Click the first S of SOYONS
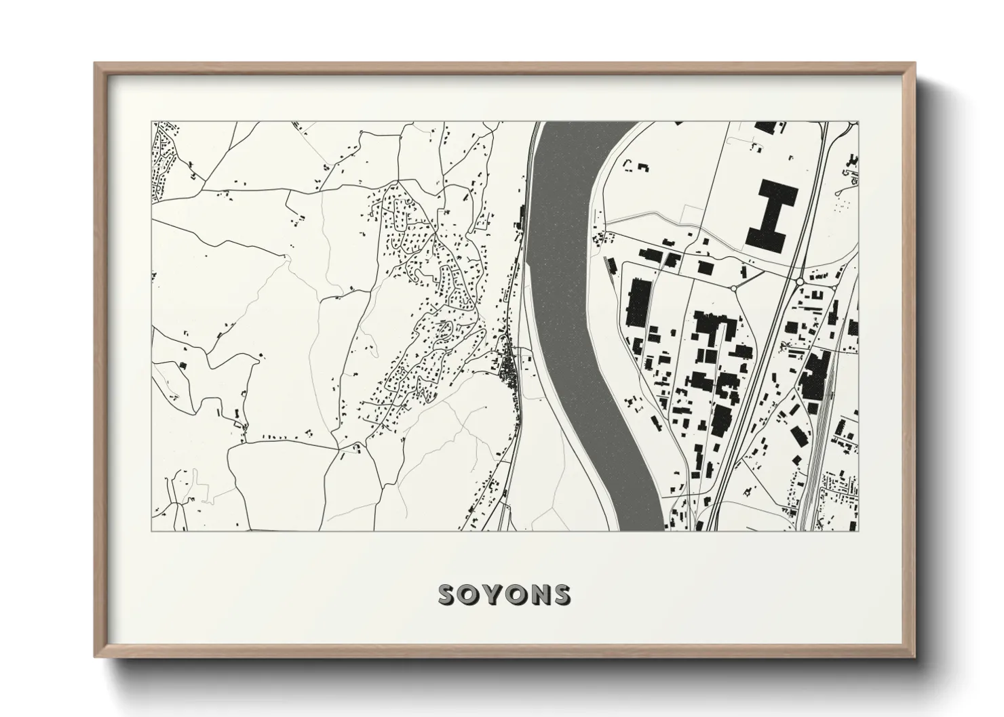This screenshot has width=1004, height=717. pos(449,594)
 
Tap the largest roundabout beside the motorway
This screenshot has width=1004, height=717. pos(800,281)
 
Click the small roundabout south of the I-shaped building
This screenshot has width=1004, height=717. pos(734,289)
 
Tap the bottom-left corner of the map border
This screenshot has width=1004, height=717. pos(151,531)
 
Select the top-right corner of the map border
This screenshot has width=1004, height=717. pos(858,122)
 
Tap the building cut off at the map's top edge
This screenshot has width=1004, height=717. pos(765,127)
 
